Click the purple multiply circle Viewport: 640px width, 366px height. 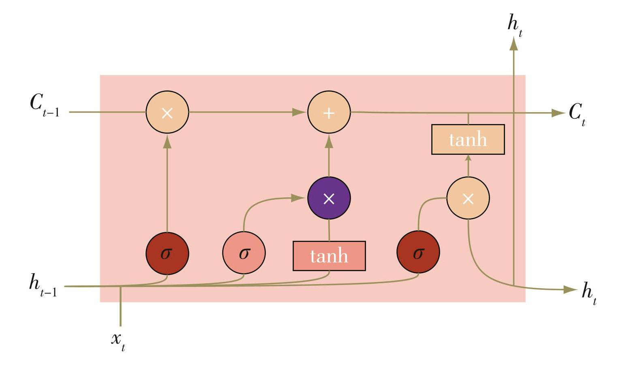pos(329,198)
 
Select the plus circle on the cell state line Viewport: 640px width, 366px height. pos(329,112)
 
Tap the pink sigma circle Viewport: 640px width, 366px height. pos(244,253)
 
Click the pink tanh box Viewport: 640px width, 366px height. pos(329,256)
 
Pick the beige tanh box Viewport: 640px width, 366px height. pos(468,139)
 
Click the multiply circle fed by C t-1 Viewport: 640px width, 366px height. pos(167,112)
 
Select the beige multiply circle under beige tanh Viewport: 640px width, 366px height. pos(468,198)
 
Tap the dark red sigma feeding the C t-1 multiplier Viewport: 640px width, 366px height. pos(167,253)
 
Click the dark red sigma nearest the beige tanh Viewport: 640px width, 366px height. pos(418,252)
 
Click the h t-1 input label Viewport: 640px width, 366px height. pos(43,286)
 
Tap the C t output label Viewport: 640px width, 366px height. pos(577,114)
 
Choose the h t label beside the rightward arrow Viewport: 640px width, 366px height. pos(589,294)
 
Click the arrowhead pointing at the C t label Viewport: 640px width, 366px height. pos(558,113)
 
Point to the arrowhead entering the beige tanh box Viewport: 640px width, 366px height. pos(468,158)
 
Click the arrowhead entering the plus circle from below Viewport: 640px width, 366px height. pos(329,141)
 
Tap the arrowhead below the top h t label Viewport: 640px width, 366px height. pos(514,44)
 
